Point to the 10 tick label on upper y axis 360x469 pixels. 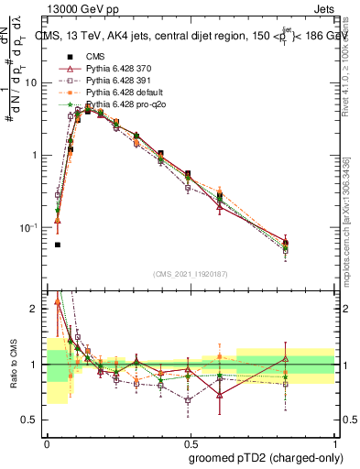tap(31, 82)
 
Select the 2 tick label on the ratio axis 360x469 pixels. tap(35, 310)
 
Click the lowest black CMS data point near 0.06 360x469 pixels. tap(58, 245)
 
